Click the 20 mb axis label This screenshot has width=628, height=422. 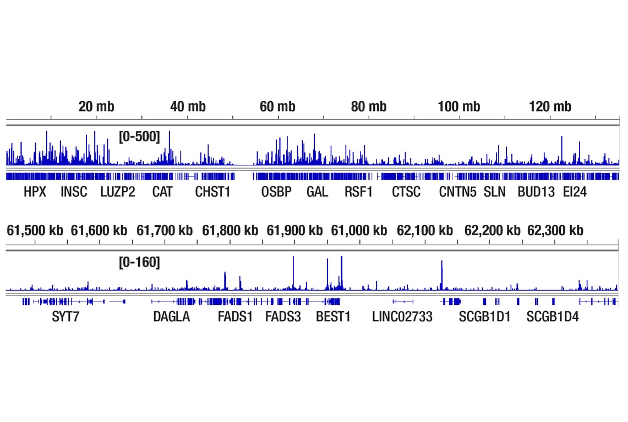pyautogui.click(x=96, y=107)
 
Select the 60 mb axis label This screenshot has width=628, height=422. pyautogui.click(x=277, y=107)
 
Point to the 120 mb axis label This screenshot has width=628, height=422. pyautogui.click(x=550, y=107)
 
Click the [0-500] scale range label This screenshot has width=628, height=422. pyautogui.click(x=139, y=137)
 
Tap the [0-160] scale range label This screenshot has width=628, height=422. pyautogui.click(x=139, y=263)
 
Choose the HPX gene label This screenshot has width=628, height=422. pyautogui.click(x=35, y=192)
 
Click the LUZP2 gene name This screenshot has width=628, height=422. pyautogui.click(x=118, y=192)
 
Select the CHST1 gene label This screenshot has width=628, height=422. pyautogui.click(x=212, y=192)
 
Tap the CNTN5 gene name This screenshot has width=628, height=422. pyautogui.click(x=458, y=192)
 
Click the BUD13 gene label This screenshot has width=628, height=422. pyautogui.click(x=536, y=192)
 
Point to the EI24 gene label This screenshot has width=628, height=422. pyautogui.click(x=575, y=192)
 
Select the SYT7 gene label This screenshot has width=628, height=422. pyautogui.click(x=66, y=317)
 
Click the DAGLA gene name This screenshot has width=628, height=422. pyautogui.click(x=171, y=317)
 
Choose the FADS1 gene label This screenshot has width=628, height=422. pyautogui.click(x=235, y=317)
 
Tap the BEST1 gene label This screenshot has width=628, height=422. pyautogui.click(x=333, y=317)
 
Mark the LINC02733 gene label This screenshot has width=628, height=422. pyautogui.click(x=402, y=317)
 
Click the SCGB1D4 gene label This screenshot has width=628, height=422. pyautogui.click(x=553, y=317)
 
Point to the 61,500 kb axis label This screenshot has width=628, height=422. pyautogui.click(x=35, y=230)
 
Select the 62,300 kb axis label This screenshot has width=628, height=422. pyautogui.click(x=555, y=230)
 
